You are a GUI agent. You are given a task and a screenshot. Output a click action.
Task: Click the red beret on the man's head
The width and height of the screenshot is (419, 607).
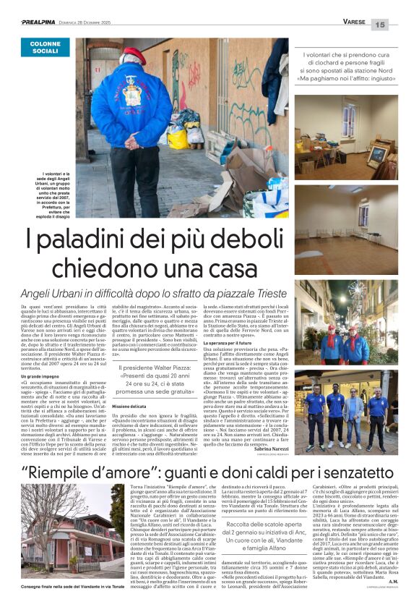coord(132,54)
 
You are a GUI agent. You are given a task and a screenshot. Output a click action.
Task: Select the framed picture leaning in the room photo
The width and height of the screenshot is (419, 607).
coord(378,154)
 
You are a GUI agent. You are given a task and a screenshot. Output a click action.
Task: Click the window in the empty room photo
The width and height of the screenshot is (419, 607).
coord(363,214)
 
